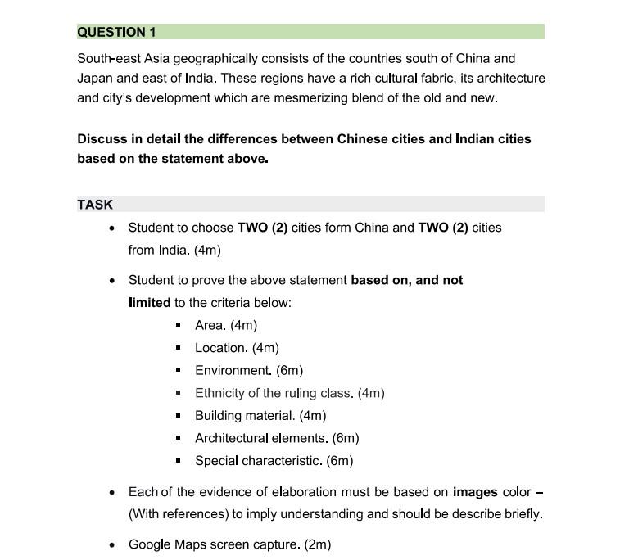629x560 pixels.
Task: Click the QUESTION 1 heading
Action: [x=116, y=32]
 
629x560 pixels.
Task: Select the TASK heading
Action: [x=95, y=205]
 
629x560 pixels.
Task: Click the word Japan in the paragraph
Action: [x=95, y=78]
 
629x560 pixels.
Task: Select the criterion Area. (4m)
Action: [x=226, y=325]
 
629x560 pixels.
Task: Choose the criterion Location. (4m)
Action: [x=237, y=348]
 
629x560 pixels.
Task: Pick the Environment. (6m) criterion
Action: [x=249, y=370]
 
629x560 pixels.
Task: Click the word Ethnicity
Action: [x=218, y=393]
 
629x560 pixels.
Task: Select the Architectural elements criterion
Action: [x=277, y=438]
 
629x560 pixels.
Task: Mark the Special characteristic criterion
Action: [x=274, y=460]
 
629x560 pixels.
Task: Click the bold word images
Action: [x=475, y=492]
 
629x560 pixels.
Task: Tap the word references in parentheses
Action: [x=195, y=514]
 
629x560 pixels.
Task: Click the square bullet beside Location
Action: [x=178, y=348]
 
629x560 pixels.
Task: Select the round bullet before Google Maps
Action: [x=112, y=544]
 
